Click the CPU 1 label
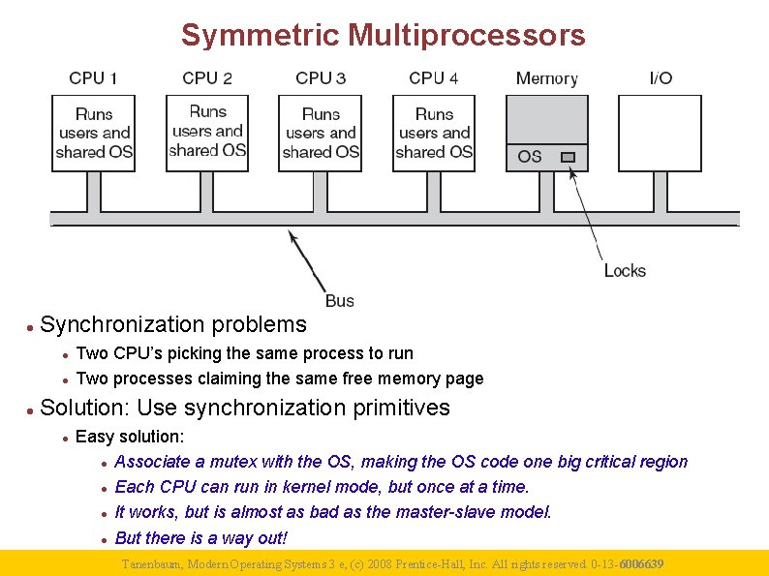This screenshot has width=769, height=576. (x=94, y=78)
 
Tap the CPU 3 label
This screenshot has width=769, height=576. (x=321, y=78)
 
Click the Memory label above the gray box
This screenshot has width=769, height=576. (x=546, y=78)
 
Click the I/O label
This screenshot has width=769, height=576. (x=661, y=78)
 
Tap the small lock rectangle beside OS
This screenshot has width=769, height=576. (x=568, y=157)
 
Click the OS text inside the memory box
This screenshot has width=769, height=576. (x=530, y=156)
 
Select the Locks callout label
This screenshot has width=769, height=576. (x=625, y=271)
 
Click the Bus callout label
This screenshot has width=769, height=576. (x=340, y=301)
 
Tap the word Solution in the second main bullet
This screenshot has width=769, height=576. (x=80, y=408)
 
